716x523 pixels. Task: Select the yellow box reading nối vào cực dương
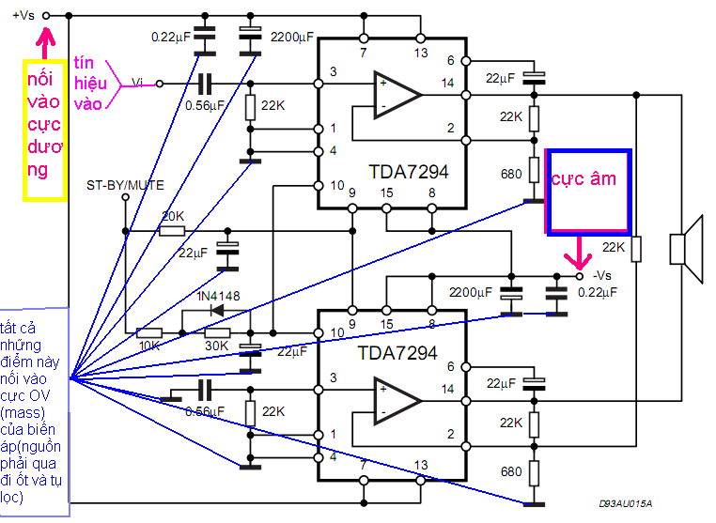point(43,130)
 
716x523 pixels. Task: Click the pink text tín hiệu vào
point(89,83)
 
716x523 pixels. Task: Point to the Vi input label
point(138,83)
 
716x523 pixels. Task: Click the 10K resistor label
point(149,346)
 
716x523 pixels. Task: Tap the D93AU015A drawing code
point(625,504)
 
